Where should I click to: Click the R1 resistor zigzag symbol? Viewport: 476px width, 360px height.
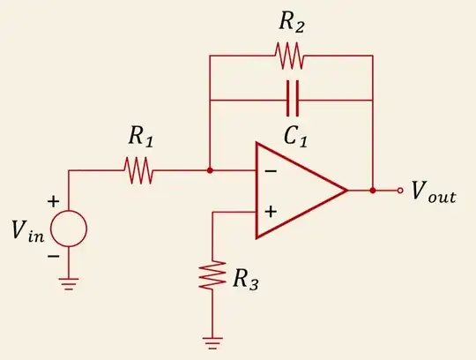coord(139,171)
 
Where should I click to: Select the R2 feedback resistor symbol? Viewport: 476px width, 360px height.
coord(290,56)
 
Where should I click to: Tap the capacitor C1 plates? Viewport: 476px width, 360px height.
coord(291,100)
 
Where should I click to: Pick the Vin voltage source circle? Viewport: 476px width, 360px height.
coord(69,230)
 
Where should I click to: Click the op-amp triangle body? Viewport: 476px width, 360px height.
coord(295,190)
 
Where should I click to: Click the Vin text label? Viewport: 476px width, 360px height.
coord(28,231)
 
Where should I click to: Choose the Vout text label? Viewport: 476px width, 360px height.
coord(434,192)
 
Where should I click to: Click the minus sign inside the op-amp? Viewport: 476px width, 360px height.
coord(271,170)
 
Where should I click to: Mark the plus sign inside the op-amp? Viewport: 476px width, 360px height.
coord(271,211)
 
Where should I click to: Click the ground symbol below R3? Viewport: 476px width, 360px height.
coord(212,340)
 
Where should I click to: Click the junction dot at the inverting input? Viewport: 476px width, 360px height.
coord(209,171)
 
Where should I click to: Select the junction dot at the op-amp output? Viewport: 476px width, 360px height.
coord(373,190)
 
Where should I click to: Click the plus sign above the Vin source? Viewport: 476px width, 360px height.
coord(54,201)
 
